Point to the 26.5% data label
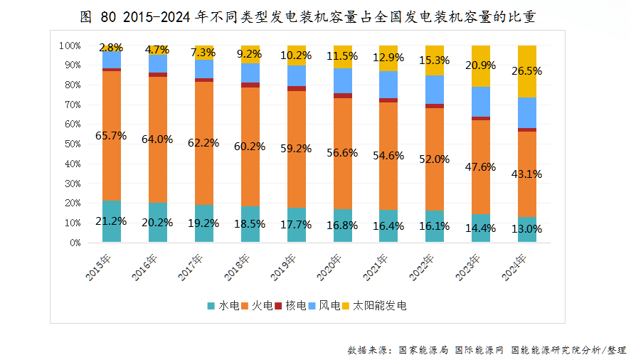pos(526,71)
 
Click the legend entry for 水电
pos(223,306)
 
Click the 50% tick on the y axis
pos(70,144)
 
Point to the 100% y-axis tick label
pos(68,46)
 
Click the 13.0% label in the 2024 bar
pos(526,229)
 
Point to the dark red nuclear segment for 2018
pos(250,85)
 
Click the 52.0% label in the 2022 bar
pos(435,160)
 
